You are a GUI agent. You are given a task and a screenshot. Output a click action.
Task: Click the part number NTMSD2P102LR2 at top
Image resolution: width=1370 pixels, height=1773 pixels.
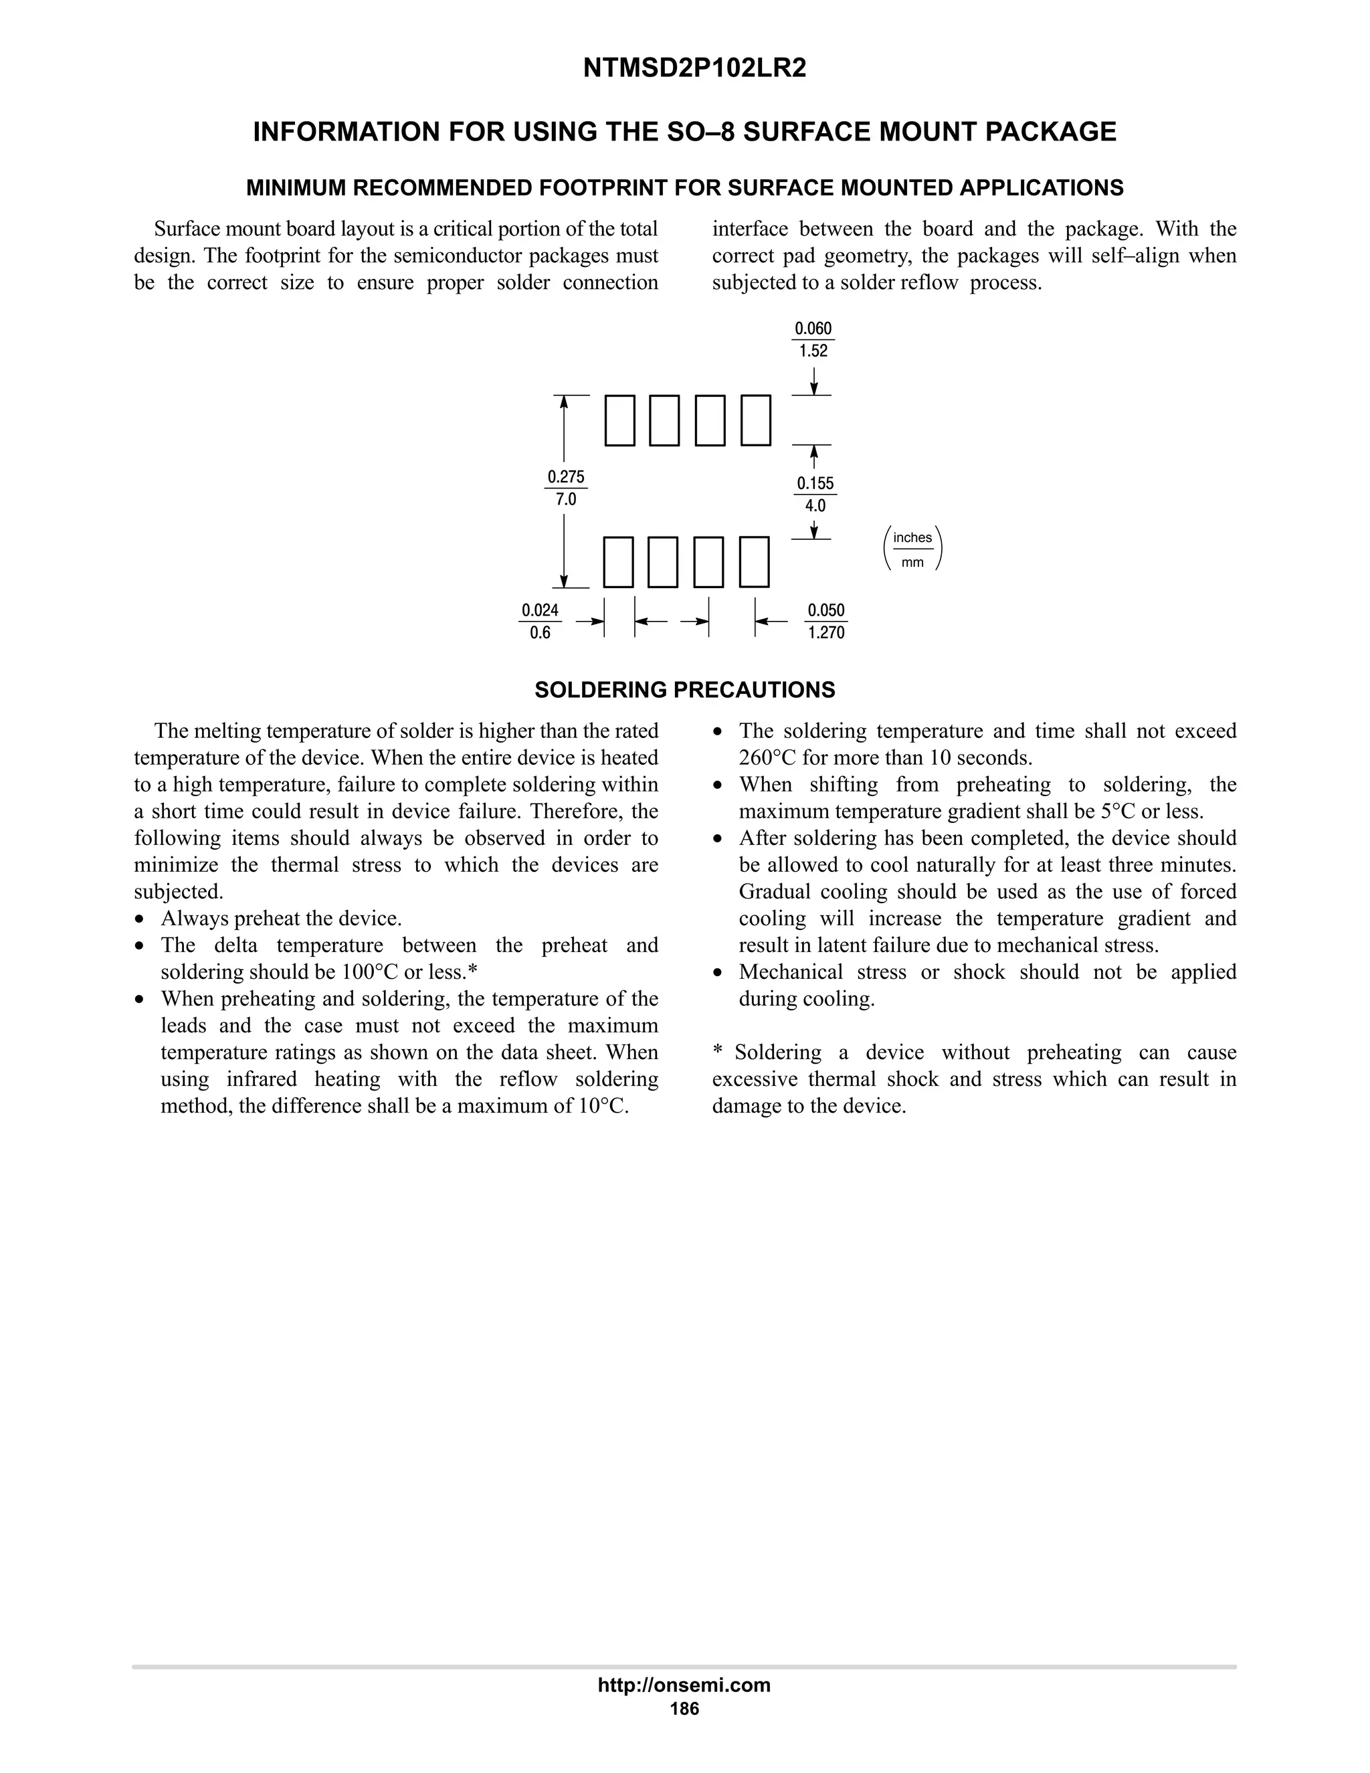click(695, 69)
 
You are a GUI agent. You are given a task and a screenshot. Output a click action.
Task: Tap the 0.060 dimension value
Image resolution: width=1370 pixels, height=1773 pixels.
click(813, 329)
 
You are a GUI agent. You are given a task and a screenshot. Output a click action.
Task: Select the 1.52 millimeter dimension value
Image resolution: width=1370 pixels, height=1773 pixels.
click(813, 351)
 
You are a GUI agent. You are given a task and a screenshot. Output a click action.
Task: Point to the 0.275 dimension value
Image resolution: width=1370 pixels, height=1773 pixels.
click(566, 476)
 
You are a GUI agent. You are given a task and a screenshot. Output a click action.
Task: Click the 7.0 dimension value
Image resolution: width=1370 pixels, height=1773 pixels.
click(566, 499)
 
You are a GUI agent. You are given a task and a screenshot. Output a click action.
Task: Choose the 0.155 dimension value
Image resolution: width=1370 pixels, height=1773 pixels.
click(815, 484)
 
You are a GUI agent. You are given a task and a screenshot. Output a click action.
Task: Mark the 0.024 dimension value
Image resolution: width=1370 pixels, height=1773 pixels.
click(540, 610)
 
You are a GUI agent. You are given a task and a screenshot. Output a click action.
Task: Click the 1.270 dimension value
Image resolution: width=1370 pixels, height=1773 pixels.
click(826, 632)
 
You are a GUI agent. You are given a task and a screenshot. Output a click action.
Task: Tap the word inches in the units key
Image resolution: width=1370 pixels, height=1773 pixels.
click(912, 537)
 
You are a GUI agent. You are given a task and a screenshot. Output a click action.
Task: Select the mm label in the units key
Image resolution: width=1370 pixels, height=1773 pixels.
click(912, 563)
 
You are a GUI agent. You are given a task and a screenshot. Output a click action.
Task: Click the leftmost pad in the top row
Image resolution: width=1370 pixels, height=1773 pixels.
click(620, 421)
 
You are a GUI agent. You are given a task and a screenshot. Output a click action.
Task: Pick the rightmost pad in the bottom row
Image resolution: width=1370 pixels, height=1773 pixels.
click(754, 562)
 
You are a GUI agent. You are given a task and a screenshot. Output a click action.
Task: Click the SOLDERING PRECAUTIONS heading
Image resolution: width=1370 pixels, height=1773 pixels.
click(684, 690)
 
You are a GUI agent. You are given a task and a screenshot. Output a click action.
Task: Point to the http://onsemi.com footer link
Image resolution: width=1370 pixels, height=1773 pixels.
click(684, 1685)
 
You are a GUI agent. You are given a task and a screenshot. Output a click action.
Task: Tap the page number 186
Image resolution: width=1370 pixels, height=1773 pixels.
click(684, 1709)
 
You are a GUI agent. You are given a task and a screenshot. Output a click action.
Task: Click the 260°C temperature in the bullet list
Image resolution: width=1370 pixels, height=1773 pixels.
click(767, 758)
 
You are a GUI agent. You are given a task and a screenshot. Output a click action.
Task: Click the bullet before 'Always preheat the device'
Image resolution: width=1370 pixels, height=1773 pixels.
click(142, 920)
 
